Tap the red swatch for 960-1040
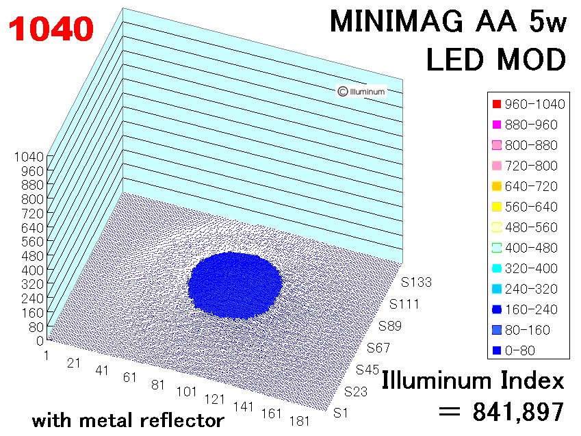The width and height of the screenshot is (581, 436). (x=498, y=105)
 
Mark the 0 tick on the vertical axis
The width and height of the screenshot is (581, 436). (x=40, y=341)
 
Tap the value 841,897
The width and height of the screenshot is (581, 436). (x=518, y=411)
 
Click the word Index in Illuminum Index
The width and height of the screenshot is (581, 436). (x=530, y=380)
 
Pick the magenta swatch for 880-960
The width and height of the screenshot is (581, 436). (x=498, y=125)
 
